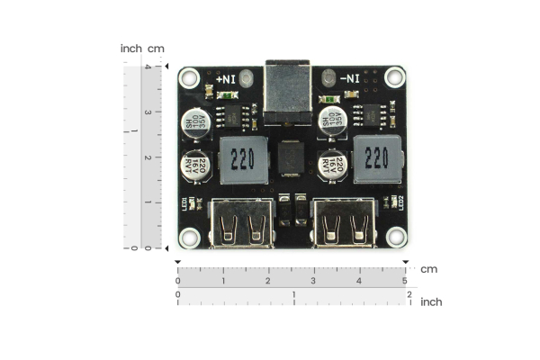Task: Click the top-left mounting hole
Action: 189,78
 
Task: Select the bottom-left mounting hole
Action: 189,237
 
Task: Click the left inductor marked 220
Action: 242,160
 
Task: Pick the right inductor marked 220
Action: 378,160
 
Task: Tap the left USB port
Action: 242,224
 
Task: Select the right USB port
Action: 342,224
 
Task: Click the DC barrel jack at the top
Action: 288,90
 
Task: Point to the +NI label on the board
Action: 226,79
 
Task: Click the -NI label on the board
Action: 346,79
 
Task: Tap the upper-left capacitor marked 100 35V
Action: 200,120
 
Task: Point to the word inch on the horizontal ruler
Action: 431,302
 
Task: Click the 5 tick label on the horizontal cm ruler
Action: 405,282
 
